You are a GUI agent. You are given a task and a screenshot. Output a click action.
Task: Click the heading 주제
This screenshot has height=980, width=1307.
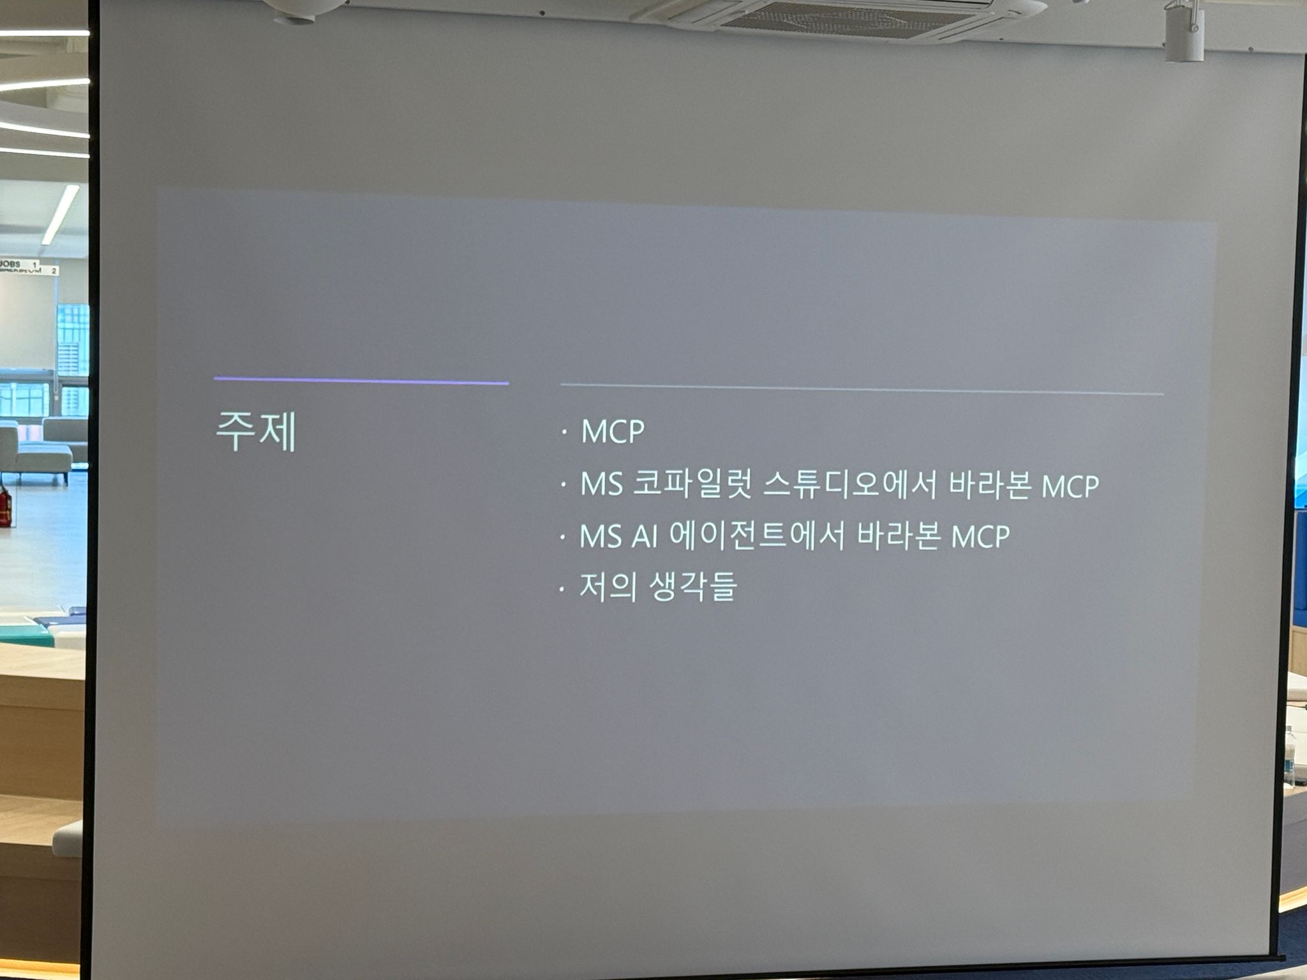[256, 432]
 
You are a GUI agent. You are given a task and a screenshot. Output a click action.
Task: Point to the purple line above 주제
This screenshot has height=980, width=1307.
[361, 381]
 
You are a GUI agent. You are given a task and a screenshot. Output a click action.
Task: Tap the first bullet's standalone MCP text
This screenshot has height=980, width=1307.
[613, 432]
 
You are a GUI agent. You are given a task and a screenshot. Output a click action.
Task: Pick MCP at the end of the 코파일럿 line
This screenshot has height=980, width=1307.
[1070, 486]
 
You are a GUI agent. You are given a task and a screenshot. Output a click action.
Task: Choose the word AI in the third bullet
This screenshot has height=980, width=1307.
[645, 537]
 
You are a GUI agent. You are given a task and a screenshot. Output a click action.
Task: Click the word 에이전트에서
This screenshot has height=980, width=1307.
[757, 535]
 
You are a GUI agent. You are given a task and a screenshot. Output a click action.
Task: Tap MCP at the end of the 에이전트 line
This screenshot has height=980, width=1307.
[981, 537]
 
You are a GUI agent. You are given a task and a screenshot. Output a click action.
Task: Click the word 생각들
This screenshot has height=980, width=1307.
[693, 587]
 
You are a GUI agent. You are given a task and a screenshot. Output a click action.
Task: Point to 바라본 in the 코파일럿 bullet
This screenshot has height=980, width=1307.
[990, 485]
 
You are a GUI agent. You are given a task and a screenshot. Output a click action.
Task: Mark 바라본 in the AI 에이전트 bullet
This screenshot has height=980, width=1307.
[898, 536]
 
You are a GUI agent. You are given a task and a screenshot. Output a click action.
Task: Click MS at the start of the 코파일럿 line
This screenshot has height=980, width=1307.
[601, 485]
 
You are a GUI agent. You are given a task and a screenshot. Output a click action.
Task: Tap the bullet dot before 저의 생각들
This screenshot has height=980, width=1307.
[562, 589]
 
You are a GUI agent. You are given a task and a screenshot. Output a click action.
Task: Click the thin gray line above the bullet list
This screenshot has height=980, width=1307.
[862, 389]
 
